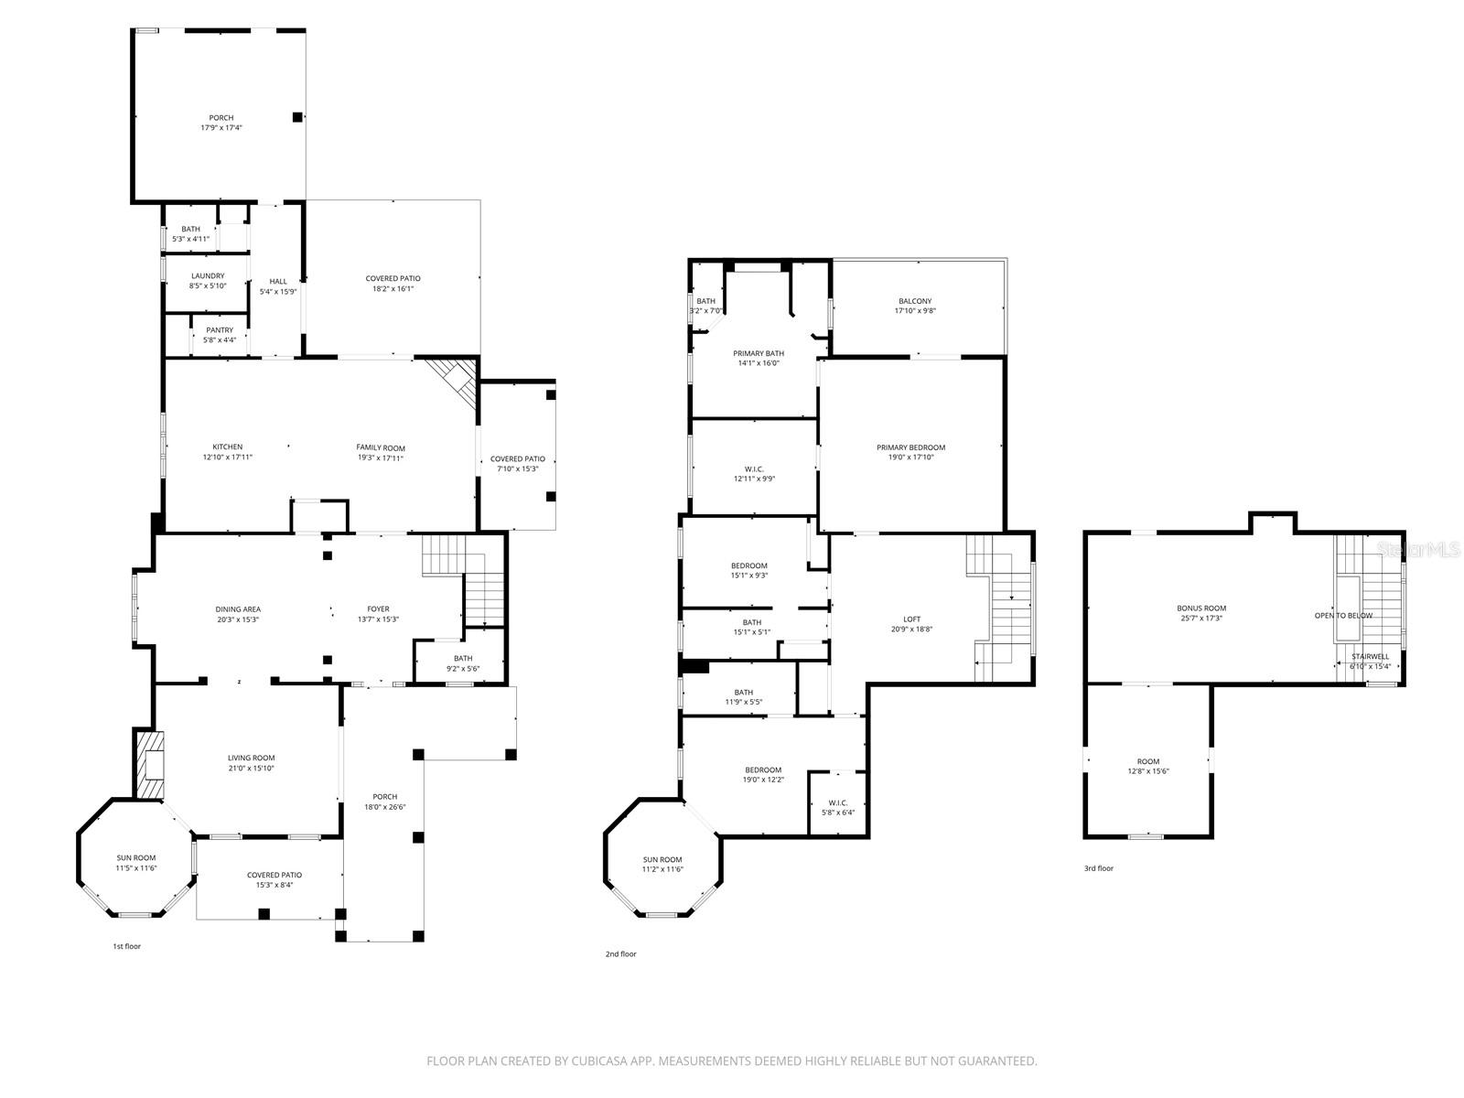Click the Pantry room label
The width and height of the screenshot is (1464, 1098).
[x=220, y=330]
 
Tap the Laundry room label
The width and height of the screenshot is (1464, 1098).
[x=208, y=276]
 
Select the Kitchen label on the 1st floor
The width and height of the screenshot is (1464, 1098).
[x=228, y=447]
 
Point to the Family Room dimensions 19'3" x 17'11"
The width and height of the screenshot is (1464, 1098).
[x=380, y=458]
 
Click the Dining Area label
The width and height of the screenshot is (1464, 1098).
[x=238, y=609]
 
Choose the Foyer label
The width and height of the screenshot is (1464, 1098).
[x=378, y=608]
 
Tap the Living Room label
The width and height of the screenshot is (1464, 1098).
[x=252, y=758]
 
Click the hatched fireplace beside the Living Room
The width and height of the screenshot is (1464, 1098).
[x=149, y=765]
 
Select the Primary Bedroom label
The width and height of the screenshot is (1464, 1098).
[x=911, y=447]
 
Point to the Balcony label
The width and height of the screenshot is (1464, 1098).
[x=915, y=301]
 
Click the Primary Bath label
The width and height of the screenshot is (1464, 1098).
[x=759, y=353]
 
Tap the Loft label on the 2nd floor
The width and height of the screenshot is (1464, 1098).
[x=911, y=619]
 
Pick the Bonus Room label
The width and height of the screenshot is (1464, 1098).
[x=1201, y=608]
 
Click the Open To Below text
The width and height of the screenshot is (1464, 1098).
[x=1343, y=615]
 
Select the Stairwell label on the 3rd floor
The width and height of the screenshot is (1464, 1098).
[x=1371, y=657]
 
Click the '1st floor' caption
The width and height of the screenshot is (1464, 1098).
[x=126, y=946]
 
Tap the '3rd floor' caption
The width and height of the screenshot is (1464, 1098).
[x=1099, y=868]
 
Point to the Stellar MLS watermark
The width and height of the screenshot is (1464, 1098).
[x=1418, y=549]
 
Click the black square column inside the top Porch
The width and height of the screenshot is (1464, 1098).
[x=296, y=117]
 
